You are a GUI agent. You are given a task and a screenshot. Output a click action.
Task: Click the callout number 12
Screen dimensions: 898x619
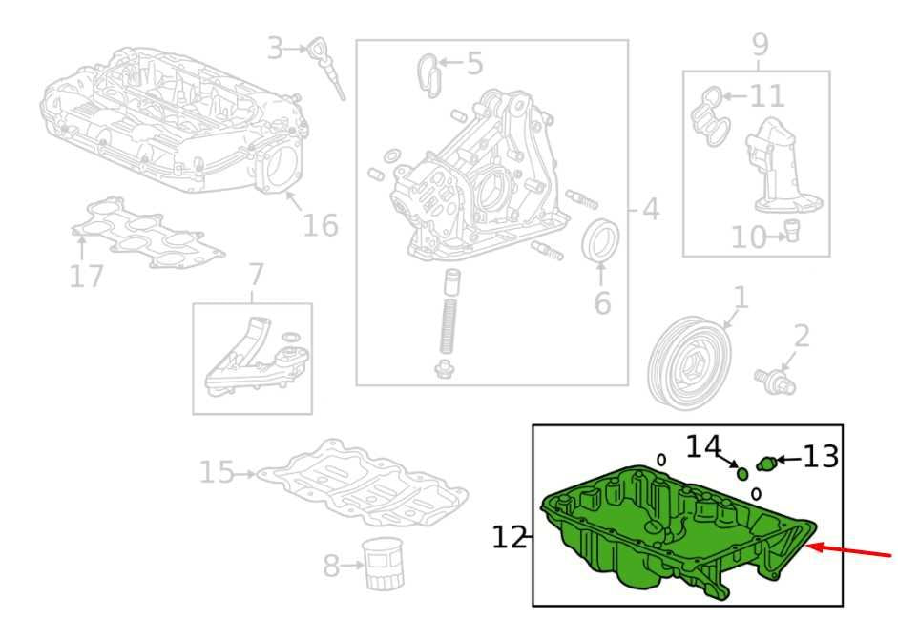(x=510, y=538)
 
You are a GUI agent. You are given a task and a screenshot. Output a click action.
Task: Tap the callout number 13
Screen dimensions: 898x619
(x=822, y=458)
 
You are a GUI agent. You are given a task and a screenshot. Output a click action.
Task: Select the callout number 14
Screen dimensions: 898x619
(x=703, y=446)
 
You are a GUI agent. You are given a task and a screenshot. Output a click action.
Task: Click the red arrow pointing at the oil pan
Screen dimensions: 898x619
(x=848, y=551)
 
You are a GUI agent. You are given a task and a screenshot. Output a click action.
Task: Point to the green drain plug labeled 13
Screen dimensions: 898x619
(x=766, y=463)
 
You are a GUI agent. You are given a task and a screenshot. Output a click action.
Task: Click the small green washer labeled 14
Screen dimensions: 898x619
(x=742, y=474)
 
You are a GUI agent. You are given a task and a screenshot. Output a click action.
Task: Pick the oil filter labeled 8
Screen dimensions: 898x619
(x=383, y=564)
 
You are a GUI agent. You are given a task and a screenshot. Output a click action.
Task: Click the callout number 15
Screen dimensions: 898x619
(x=217, y=472)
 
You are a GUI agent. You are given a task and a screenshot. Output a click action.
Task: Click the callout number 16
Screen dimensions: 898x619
(x=320, y=224)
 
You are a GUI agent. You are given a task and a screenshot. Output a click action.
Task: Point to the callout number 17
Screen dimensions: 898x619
(x=87, y=276)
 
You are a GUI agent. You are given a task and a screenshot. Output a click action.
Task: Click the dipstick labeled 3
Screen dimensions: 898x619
(x=327, y=68)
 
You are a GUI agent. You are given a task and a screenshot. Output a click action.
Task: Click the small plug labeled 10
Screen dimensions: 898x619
(x=791, y=230)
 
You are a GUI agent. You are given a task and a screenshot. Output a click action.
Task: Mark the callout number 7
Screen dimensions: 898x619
(x=256, y=275)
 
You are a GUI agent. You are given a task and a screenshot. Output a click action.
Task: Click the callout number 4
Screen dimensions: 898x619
(x=651, y=210)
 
